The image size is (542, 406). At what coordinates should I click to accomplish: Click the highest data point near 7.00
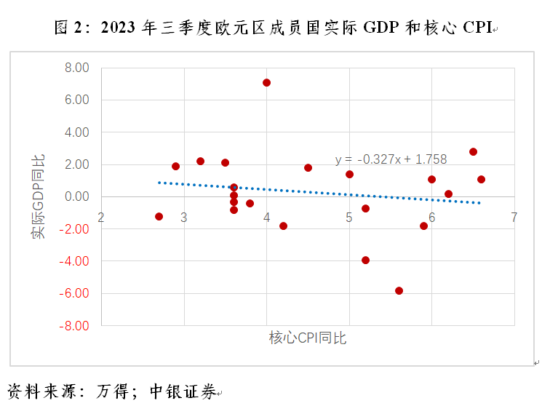point(266,83)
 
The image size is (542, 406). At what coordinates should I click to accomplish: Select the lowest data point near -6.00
point(399,291)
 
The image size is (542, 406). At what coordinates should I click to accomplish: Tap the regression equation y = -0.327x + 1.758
point(391,159)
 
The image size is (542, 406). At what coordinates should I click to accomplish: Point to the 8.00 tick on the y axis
point(76,68)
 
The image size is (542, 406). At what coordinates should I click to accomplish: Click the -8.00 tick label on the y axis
point(75,326)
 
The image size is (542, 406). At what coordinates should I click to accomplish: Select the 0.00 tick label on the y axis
point(76,197)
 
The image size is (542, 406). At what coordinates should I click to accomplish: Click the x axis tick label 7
point(514,218)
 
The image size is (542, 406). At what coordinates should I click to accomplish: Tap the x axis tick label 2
point(101,218)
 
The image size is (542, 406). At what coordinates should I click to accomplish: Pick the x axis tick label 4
point(267,218)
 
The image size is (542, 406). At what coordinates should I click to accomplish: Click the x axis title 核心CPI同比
point(308,338)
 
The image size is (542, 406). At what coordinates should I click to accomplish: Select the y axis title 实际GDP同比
point(37,196)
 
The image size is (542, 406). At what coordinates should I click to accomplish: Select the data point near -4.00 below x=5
point(365,260)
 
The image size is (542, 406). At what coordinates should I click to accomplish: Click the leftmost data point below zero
point(159,217)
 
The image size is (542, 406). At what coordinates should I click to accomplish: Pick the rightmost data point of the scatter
point(481,180)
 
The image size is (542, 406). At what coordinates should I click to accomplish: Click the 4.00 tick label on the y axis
point(76,132)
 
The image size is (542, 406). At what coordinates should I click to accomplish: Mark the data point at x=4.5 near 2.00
point(308,168)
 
